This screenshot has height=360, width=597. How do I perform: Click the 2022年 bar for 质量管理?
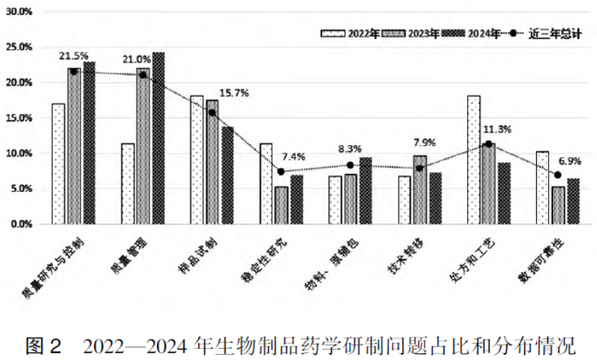point(128,184)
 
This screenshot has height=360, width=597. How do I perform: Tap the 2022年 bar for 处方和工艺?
point(474,160)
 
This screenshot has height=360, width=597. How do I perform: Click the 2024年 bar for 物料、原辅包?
point(366,191)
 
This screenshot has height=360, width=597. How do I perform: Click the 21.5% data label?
point(74,56)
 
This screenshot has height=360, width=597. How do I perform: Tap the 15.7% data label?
point(234,92)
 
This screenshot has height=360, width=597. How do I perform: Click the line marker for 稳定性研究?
point(281,171)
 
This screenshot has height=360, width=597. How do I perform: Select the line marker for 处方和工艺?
point(488,144)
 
